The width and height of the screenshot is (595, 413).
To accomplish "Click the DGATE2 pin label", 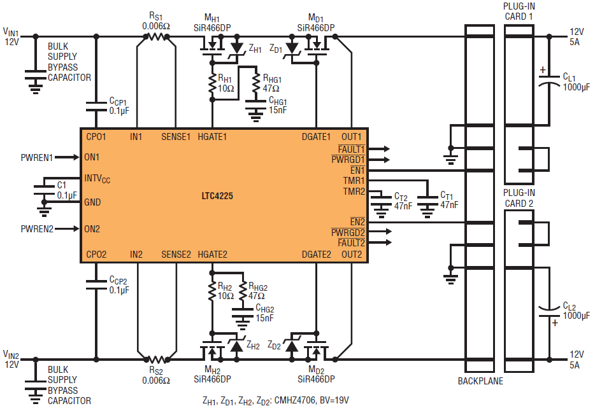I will click(x=317, y=255).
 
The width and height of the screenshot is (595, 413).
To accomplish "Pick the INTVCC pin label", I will click(x=97, y=179).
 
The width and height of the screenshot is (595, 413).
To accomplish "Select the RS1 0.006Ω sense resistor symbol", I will click(x=157, y=37).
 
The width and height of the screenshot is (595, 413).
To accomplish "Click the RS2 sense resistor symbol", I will click(x=157, y=360).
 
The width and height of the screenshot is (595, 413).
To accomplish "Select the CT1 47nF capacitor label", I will click(x=448, y=200).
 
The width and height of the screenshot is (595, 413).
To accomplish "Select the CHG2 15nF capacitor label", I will click(x=264, y=313).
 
